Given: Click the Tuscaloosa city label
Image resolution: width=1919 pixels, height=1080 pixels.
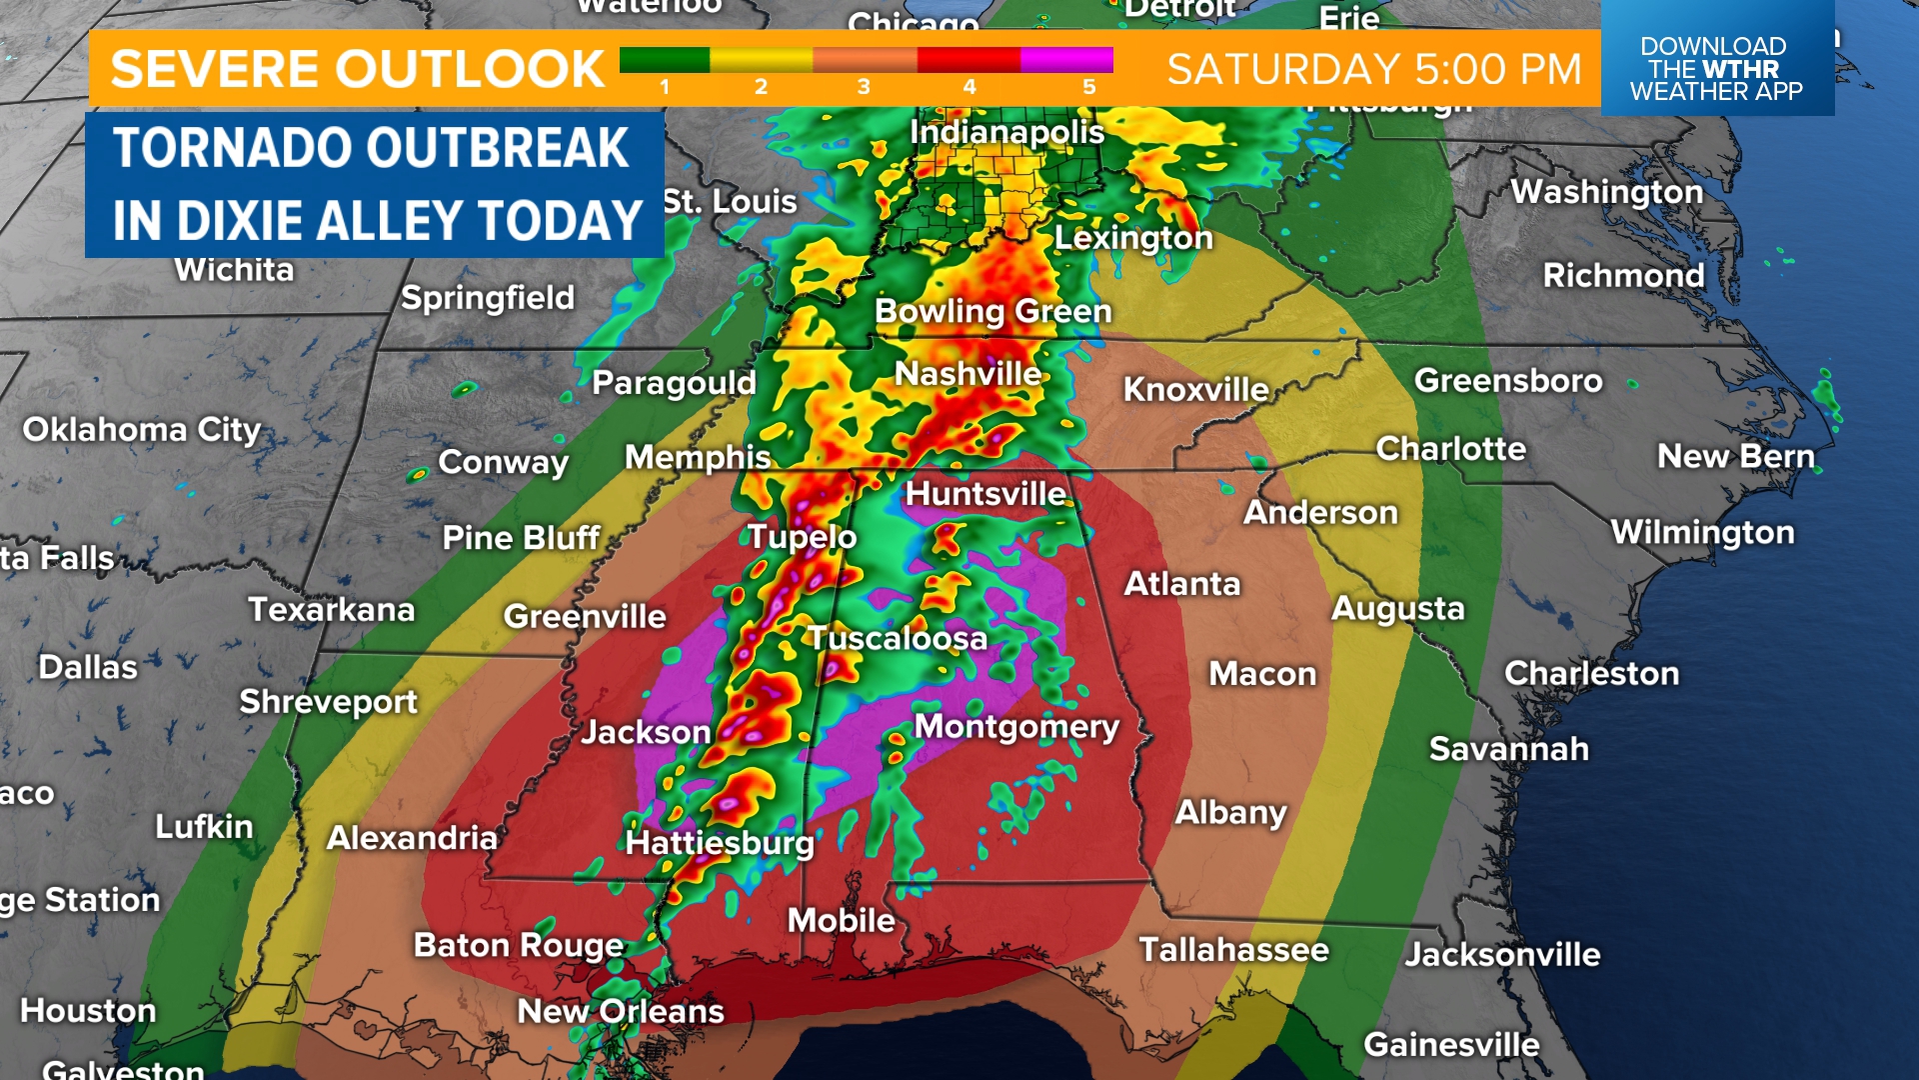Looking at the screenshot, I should pyautogui.click(x=897, y=639).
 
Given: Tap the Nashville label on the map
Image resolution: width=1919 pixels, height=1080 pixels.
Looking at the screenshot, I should pyautogui.click(x=967, y=374).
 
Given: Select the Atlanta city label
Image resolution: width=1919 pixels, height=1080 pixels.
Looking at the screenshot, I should pyautogui.click(x=1181, y=584).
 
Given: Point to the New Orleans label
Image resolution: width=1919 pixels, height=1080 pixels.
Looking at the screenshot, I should pyautogui.click(x=620, y=1012).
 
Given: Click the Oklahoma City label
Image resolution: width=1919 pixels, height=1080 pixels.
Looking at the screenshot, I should pyautogui.click(x=141, y=430).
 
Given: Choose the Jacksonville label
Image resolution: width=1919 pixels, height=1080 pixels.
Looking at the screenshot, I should pyautogui.click(x=1501, y=955).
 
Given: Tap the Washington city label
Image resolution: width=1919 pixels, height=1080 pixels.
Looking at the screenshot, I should pyautogui.click(x=1606, y=192).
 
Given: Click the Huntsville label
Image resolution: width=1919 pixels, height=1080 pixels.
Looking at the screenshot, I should pyautogui.click(x=984, y=494).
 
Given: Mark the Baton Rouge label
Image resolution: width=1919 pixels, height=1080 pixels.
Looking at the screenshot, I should pyautogui.click(x=518, y=946).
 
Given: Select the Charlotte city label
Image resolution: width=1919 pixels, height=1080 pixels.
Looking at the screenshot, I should pyautogui.click(x=1450, y=449).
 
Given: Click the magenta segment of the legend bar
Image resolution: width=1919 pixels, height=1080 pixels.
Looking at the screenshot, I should pyautogui.click(x=1066, y=60).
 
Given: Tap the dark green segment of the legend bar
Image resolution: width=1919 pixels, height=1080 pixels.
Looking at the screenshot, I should pyautogui.click(x=664, y=60).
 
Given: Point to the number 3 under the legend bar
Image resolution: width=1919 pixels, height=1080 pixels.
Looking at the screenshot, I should pyautogui.click(x=864, y=88).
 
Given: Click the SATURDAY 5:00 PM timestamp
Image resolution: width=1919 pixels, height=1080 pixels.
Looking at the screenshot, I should pyautogui.click(x=1374, y=69).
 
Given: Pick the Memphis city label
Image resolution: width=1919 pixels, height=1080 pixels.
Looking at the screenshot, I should pyautogui.click(x=697, y=458).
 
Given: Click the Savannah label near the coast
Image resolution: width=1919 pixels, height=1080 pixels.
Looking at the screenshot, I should pyautogui.click(x=1507, y=749).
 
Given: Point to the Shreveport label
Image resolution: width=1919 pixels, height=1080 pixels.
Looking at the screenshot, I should pyautogui.click(x=328, y=702).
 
